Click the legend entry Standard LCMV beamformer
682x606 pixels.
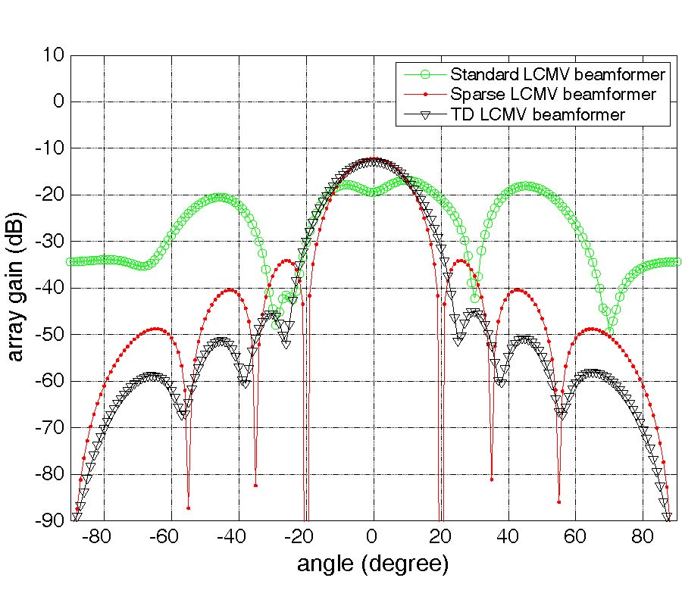coord(558,75)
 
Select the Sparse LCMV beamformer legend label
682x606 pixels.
coord(552,95)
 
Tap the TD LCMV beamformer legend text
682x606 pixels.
coord(537,114)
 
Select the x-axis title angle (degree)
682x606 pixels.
coord(372,564)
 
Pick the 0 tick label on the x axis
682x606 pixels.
coord(372,537)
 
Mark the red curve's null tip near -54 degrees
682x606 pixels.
coord(189,508)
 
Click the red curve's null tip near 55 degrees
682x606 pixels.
coord(558,502)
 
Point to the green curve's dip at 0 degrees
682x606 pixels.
coord(372,192)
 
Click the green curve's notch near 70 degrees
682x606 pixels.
coord(611,321)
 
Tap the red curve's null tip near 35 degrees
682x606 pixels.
coord(491,479)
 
